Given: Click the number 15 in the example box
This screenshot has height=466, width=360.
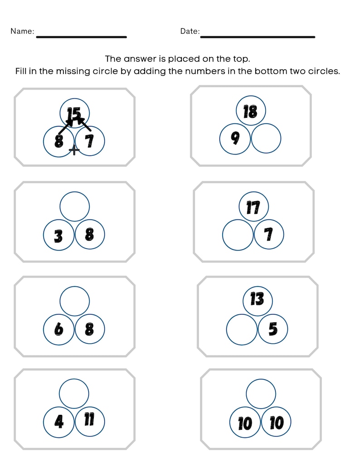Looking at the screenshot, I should tap(73, 114).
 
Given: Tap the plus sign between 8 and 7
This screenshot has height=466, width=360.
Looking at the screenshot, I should tap(74, 150).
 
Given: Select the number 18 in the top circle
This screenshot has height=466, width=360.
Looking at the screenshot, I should tap(250, 112).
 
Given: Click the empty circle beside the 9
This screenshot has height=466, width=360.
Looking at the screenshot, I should tap(266, 138).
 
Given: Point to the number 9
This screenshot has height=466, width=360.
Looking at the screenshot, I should tap(235, 138).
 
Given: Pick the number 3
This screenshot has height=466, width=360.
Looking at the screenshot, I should tap(58, 236).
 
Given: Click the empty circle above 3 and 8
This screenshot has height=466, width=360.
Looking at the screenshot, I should tap(75, 206).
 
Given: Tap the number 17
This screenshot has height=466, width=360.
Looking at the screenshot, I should tap(253, 208).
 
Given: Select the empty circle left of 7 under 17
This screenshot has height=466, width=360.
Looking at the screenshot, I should tap(238, 235).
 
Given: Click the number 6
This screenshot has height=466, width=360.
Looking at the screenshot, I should tap(58, 329).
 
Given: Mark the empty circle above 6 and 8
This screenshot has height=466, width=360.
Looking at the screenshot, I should tap(75, 301).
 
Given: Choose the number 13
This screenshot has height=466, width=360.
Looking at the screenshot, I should tap(257, 300).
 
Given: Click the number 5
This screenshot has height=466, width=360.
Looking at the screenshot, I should tap(273, 329).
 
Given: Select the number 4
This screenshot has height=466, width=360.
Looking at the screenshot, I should tap(59, 422).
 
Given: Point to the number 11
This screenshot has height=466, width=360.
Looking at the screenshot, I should tap(89, 420).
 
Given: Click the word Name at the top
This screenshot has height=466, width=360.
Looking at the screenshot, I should tap(22, 31).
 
